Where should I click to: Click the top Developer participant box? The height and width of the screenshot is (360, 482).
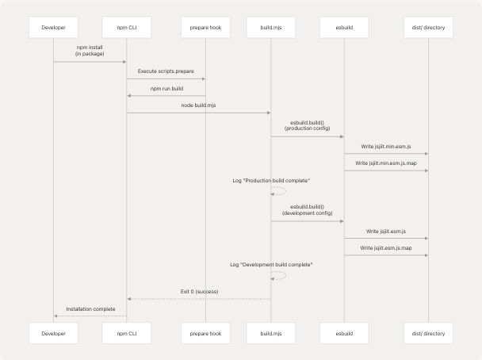[53, 27]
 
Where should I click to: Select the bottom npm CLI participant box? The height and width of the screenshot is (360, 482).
[127, 334]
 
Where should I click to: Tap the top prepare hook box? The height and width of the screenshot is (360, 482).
[205, 27]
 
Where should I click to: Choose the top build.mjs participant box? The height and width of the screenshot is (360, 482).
[271, 27]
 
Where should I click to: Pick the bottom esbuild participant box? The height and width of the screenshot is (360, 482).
[344, 334]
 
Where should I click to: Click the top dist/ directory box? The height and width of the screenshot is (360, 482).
[428, 27]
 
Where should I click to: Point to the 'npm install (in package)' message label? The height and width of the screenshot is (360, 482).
[90, 50]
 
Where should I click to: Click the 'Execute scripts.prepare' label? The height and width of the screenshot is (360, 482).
[166, 71]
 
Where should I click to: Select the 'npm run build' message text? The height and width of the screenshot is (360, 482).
[166, 88]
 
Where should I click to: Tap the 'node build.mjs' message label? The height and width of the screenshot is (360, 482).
[199, 105]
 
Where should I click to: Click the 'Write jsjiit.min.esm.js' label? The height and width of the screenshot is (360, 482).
[386, 146]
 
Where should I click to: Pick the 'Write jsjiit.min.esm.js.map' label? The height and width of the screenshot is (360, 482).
[386, 163]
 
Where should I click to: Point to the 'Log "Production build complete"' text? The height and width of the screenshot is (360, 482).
[271, 181]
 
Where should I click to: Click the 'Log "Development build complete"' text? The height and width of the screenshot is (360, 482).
[271, 263]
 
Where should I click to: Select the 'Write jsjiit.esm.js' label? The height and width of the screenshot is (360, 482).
[386, 231]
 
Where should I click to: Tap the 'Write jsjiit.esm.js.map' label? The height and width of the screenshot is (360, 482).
[386, 247]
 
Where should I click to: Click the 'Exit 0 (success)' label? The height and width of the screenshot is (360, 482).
[199, 291]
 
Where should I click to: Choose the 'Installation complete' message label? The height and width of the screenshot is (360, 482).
[90, 308]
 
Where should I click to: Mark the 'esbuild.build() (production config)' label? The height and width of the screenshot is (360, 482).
[308, 125]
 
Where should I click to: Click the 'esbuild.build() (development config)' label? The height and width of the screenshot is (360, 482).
[308, 209]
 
